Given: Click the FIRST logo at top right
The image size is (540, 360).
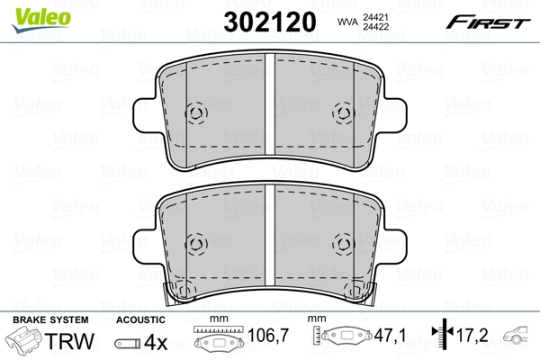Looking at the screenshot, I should coord(490,21).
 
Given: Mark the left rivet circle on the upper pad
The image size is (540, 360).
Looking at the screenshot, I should coord(196,113).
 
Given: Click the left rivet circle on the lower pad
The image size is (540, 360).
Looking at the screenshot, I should coord(196,244).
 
